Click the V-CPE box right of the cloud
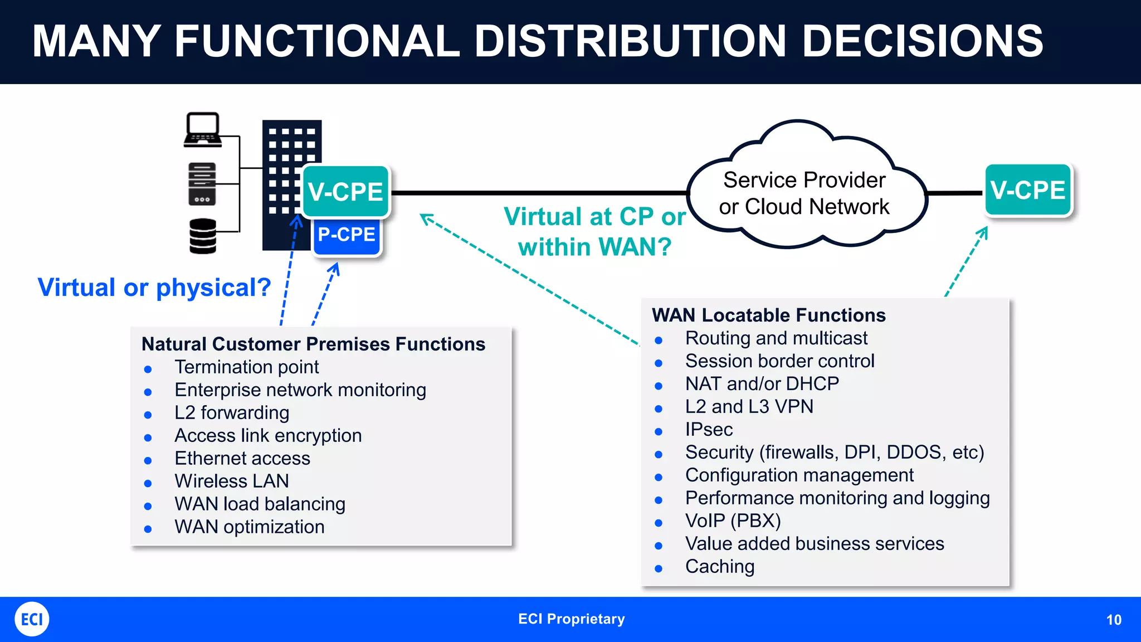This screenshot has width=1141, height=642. point(1028,190)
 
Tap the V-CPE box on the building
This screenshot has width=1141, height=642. point(345,192)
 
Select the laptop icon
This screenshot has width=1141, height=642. point(203,129)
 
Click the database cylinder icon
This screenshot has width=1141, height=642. point(203,236)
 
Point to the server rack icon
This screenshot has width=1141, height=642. point(202,184)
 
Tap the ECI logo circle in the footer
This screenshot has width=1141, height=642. point(32,619)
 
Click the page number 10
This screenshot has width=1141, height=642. point(1113,620)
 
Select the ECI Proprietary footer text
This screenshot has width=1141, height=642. point(571,619)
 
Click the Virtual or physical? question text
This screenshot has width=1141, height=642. point(154,288)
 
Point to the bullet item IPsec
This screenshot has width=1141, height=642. point(709,430)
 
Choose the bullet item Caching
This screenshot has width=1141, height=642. point(720,567)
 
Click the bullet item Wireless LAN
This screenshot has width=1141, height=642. point(232,481)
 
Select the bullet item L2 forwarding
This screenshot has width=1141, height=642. point(232,413)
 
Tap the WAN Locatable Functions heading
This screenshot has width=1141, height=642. point(768,315)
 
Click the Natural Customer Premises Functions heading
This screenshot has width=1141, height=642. point(313,344)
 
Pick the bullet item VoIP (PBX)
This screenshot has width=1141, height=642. point(733,521)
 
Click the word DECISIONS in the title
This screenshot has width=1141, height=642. point(922,41)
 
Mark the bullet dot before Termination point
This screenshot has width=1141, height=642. point(148,369)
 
